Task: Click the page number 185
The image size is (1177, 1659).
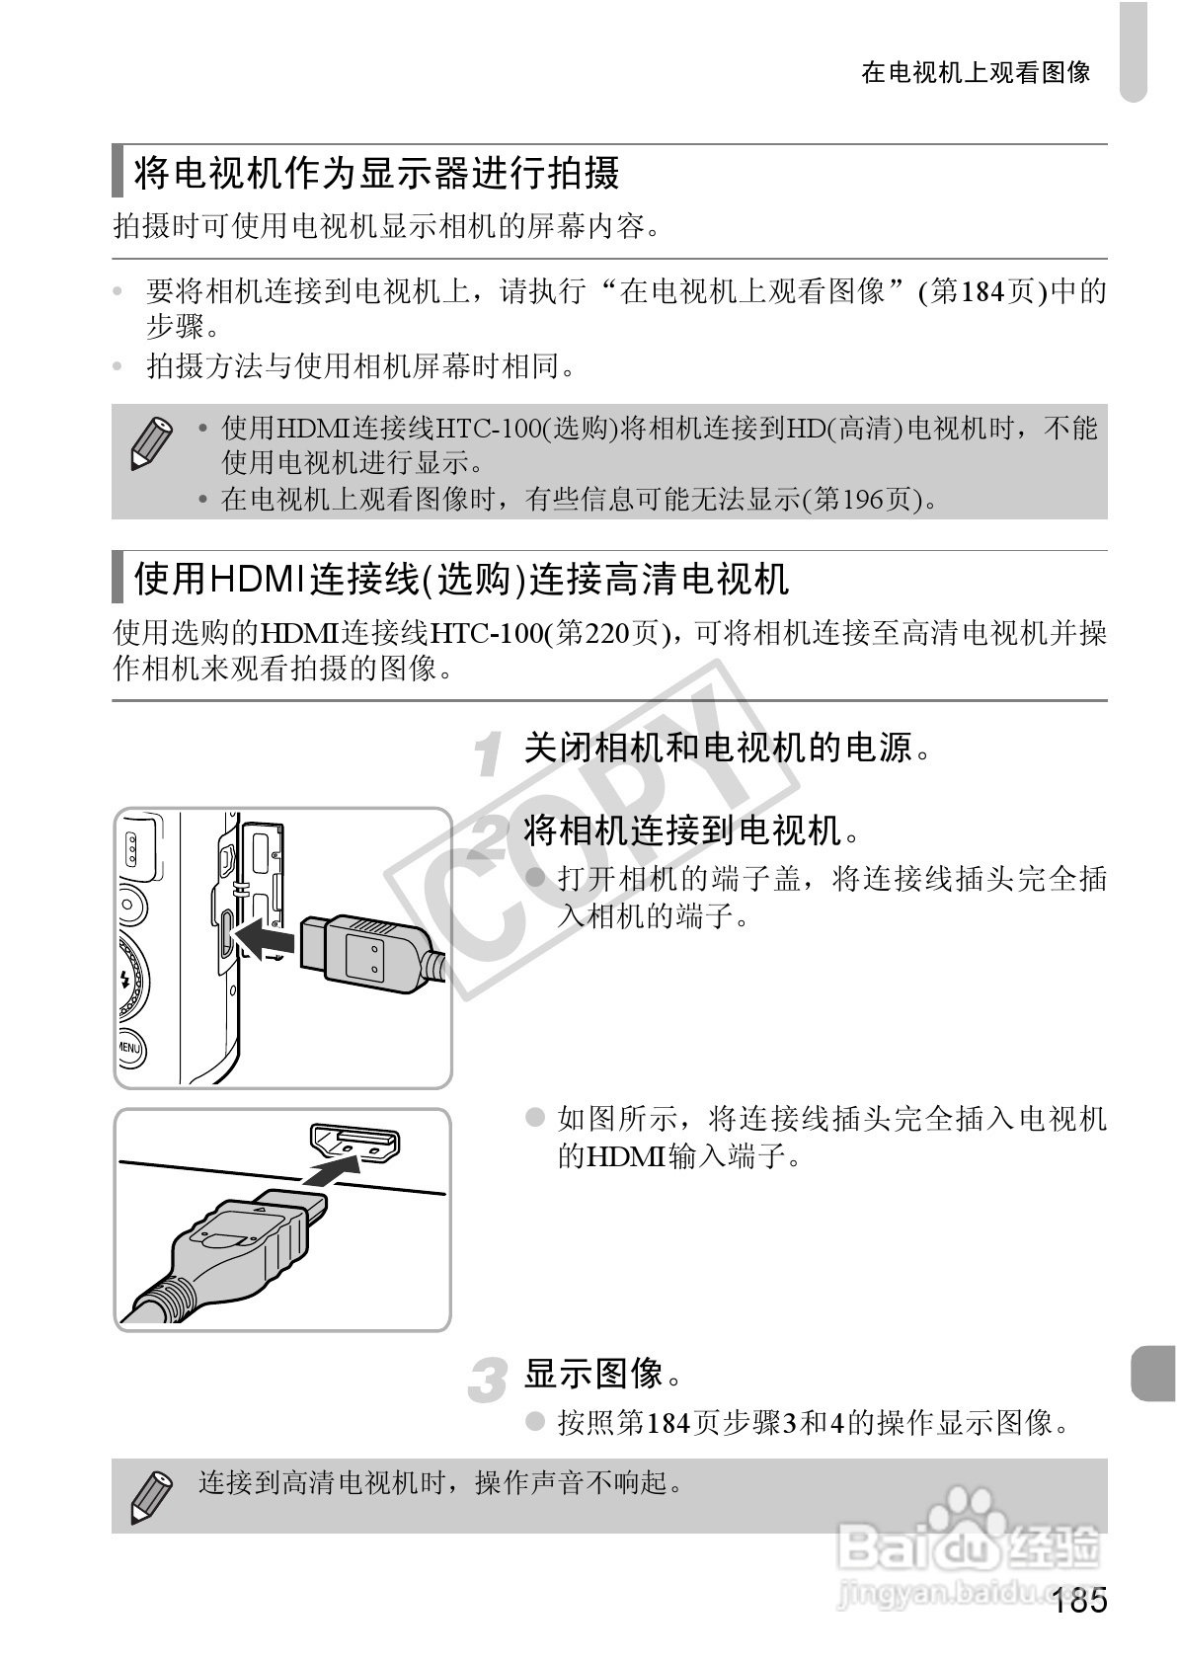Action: click(x=1079, y=1601)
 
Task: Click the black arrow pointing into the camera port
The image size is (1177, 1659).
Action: click(x=267, y=935)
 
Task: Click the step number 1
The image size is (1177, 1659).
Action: click(x=488, y=753)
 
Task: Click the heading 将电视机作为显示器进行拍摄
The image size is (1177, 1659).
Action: click(x=376, y=173)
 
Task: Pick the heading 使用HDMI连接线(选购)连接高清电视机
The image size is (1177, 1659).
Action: click(x=461, y=579)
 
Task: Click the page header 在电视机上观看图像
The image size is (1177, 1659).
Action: click(x=976, y=72)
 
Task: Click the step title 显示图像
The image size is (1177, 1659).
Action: click(x=602, y=1373)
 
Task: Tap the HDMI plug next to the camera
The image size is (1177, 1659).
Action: click(x=365, y=950)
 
